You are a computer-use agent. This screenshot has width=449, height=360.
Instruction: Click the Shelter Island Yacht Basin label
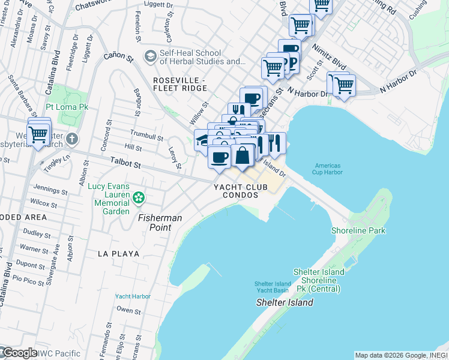click(273, 287)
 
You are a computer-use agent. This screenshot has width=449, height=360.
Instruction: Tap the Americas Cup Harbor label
click(328, 169)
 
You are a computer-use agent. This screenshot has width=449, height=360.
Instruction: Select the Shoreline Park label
click(358, 230)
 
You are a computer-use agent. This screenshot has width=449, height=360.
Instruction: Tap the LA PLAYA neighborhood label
click(118, 254)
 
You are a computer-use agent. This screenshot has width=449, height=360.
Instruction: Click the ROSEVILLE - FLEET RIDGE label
click(179, 85)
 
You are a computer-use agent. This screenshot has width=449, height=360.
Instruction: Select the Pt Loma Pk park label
click(67, 107)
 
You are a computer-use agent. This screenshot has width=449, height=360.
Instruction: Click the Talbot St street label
click(125, 163)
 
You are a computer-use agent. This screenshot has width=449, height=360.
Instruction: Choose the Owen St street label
click(128, 310)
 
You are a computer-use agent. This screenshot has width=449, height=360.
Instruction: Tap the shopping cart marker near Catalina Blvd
click(38, 134)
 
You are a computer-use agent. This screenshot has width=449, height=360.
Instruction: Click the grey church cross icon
click(71, 139)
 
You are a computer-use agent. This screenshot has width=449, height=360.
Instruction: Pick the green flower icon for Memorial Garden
click(139, 197)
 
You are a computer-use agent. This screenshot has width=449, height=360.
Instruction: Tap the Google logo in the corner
click(19, 353)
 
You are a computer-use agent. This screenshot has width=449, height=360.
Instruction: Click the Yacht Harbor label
click(133, 296)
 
